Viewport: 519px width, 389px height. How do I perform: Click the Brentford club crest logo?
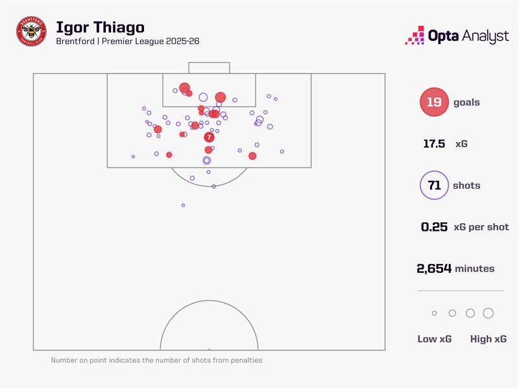[x=31, y=31]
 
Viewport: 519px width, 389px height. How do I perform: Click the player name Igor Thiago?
[x=100, y=27]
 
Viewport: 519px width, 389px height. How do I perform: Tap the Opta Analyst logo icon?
[x=415, y=36]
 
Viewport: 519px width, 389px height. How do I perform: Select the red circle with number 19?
[x=434, y=102]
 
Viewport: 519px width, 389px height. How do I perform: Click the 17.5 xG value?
[x=433, y=144]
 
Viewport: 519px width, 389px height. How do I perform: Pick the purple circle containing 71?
[x=434, y=185]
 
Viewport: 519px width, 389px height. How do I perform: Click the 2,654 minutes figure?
[x=434, y=268]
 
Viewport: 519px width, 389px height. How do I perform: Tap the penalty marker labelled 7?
[x=209, y=137]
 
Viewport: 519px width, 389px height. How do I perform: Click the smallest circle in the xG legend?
[x=434, y=313]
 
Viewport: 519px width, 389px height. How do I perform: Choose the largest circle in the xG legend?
[x=488, y=313]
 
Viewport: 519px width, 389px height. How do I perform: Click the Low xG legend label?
[x=435, y=339]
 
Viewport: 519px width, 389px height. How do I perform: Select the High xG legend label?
[x=488, y=339]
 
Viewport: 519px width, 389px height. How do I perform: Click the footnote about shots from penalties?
[x=156, y=360]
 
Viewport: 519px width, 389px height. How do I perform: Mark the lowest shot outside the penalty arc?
[x=183, y=205]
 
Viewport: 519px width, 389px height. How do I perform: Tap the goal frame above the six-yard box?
[x=209, y=67]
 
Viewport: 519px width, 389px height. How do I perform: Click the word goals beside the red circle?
[x=467, y=102]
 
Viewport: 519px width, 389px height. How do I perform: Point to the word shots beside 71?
[x=467, y=185]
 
